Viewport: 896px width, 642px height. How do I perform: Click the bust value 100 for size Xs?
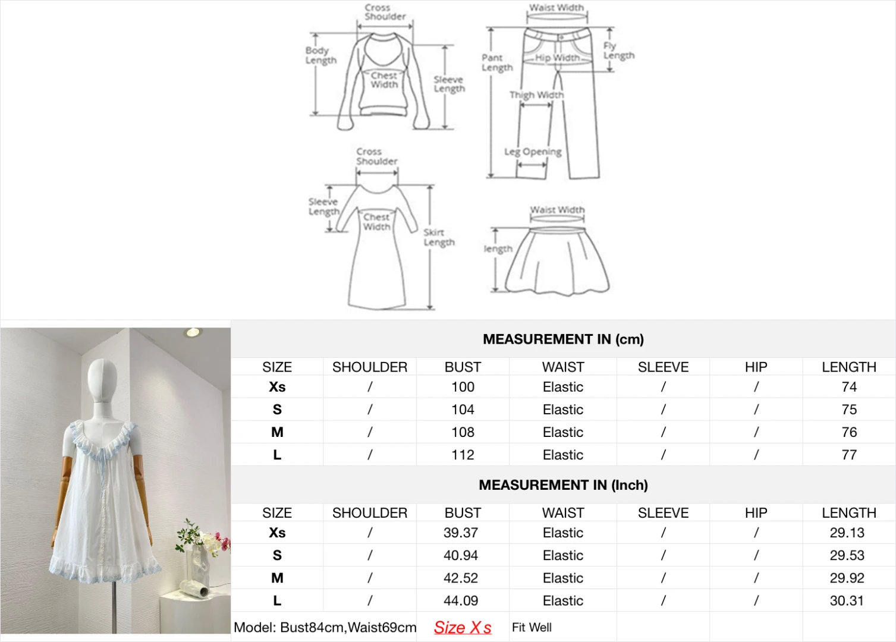tap(463, 387)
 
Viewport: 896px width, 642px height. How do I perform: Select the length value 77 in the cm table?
tap(848, 455)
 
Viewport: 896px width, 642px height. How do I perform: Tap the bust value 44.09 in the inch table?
tap(461, 600)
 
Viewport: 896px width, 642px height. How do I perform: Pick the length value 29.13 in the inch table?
tap(847, 533)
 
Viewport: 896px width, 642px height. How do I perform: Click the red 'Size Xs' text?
tap(462, 627)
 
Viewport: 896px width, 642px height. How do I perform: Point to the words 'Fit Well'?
tap(532, 627)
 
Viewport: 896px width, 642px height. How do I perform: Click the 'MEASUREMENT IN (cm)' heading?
tap(562, 339)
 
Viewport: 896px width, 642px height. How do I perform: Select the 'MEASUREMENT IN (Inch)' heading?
tap(562, 485)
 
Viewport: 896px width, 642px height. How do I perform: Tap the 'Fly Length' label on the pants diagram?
tap(618, 51)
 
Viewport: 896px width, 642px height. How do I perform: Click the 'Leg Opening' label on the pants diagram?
tap(533, 152)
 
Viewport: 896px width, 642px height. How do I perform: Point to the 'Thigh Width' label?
tap(536, 95)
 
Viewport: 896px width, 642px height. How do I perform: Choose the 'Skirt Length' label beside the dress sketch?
tap(439, 237)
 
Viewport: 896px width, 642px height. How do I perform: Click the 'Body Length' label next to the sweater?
tap(320, 55)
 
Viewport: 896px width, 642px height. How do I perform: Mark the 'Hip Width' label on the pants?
tap(557, 58)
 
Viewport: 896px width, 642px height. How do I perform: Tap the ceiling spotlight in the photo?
tap(192, 332)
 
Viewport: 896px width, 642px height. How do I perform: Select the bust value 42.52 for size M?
tap(461, 578)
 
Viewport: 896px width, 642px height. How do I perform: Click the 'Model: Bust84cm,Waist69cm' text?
tap(325, 627)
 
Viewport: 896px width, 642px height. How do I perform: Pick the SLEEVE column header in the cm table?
tap(663, 367)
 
